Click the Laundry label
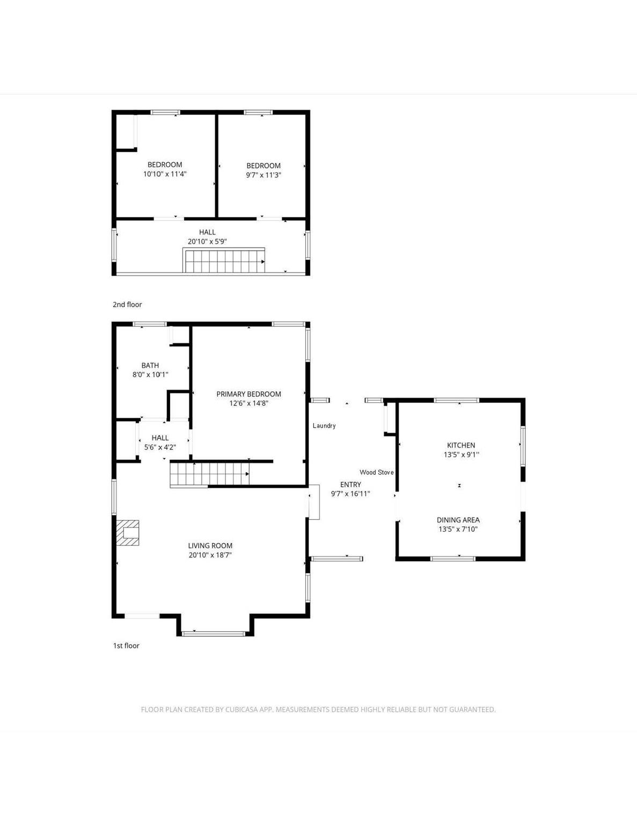tap(324, 425)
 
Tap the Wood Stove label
tap(377, 472)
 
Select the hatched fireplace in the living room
tap(127, 533)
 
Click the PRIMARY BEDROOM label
tap(248, 394)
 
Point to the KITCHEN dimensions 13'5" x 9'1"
tap(461, 454)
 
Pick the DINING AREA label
tap(458, 520)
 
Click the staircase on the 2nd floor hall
tap(224, 260)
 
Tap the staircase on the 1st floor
tap(209, 474)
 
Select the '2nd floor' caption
tap(127, 305)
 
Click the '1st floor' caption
tap(126, 646)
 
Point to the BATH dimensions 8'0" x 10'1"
tap(150, 375)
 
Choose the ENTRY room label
tap(350, 484)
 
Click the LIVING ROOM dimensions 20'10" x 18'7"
tap(210, 555)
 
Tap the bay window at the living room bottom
tap(214, 633)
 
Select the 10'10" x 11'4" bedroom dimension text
tap(165, 174)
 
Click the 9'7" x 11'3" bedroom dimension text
tap(263, 175)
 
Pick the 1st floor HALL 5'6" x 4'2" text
tap(160, 443)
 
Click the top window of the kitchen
tap(456, 400)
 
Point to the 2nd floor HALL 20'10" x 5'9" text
tap(207, 236)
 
